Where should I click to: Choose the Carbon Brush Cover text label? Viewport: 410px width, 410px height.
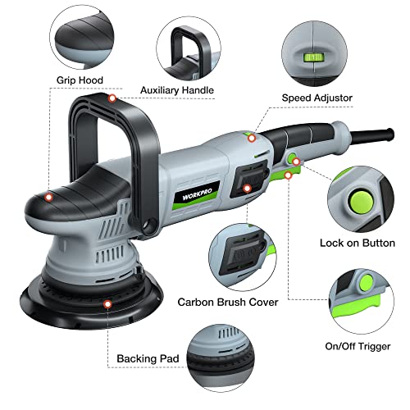tap(228, 302)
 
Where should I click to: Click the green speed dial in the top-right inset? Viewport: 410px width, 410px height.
tap(312, 58)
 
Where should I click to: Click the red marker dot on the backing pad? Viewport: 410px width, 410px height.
tap(107, 303)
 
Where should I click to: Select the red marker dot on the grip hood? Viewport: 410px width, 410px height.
tap(49, 197)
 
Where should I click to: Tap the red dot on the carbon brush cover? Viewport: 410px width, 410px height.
tap(247, 189)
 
